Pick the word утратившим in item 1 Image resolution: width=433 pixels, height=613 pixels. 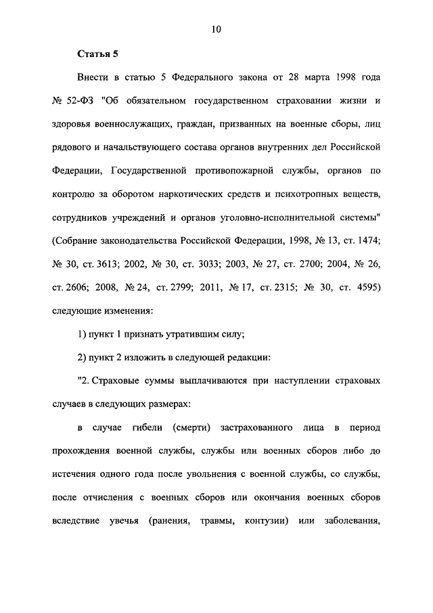coord(185,335)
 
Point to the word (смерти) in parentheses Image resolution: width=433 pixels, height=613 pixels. coord(196,428)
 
